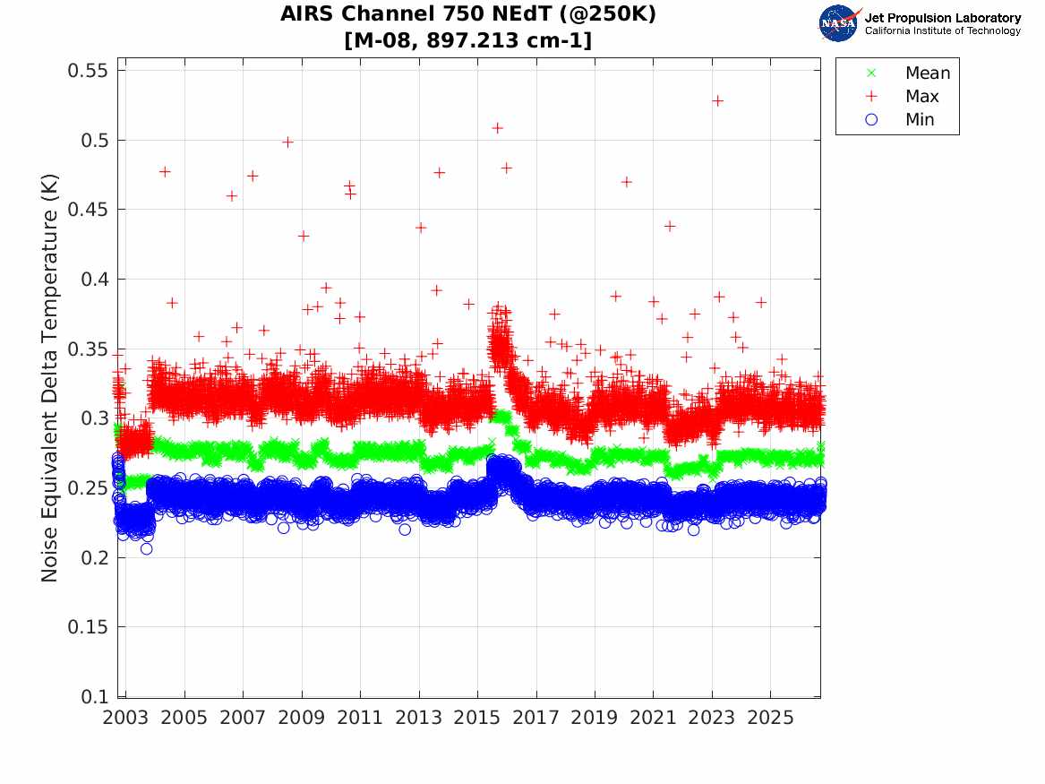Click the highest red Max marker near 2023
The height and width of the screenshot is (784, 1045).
pyautogui.click(x=718, y=100)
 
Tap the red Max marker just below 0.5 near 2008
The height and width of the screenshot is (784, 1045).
pyautogui.click(x=288, y=142)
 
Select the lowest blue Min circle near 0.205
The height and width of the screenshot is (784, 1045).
pyautogui.click(x=147, y=548)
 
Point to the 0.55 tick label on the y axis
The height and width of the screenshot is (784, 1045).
pyautogui.click(x=87, y=70)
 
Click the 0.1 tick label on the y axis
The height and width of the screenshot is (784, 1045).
pyautogui.click(x=94, y=697)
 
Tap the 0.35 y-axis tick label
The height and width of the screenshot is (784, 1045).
pyautogui.click(x=87, y=349)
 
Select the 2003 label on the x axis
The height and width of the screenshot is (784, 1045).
pyautogui.click(x=125, y=718)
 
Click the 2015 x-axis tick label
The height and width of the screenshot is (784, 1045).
pyautogui.click(x=477, y=718)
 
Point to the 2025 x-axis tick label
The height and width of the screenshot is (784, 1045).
pyautogui.click(x=770, y=718)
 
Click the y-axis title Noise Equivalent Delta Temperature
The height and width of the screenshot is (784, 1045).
pyautogui.click(x=50, y=377)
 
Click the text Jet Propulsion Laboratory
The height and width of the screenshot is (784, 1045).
pyautogui.click(x=943, y=18)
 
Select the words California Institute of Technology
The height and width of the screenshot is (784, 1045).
pyautogui.click(x=943, y=30)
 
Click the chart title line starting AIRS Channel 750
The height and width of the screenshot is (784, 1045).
pyautogui.click(x=467, y=14)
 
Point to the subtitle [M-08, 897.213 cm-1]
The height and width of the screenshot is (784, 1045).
pyautogui.click(x=467, y=40)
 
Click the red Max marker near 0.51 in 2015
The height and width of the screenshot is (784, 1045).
pyautogui.click(x=497, y=128)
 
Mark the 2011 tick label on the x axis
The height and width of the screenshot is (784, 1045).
pyautogui.click(x=360, y=718)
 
